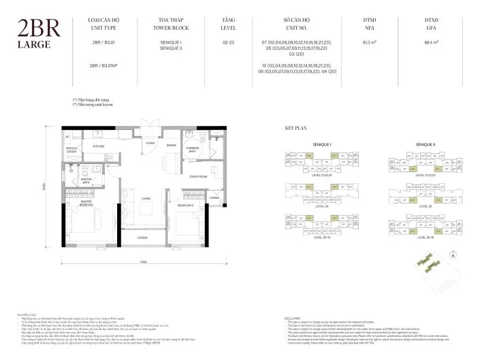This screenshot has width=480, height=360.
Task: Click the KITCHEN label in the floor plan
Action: [99, 146]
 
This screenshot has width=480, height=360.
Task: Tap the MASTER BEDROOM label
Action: [86, 203]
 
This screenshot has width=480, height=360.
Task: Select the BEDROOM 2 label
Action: [186, 205]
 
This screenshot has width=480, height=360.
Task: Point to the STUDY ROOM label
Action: [198, 176]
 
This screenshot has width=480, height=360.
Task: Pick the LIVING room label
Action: [146, 198]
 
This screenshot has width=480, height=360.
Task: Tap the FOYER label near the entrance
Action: [150, 144]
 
